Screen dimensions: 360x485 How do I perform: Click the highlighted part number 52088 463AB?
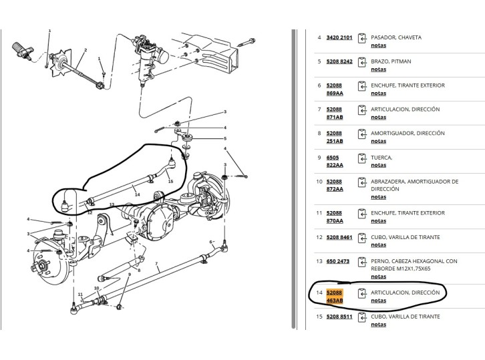click(334, 297)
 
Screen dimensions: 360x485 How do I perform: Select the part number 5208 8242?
click(339, 61)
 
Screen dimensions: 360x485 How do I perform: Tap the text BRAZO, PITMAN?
click(391, 61)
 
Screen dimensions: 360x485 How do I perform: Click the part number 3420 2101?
click(339, 37)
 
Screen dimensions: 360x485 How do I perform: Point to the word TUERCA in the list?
click(381, 157)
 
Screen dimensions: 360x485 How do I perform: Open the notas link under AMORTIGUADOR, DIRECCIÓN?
click(378, 141)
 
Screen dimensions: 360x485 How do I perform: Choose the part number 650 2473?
click(337, 261)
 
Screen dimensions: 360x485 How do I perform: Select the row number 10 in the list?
click(319, 181)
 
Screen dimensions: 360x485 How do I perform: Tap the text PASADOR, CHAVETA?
click(396, 37)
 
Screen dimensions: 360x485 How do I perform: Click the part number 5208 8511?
click(339, 317)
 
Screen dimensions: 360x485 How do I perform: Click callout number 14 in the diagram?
click(138, 194)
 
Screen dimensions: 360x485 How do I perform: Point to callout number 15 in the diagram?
click(170, 181)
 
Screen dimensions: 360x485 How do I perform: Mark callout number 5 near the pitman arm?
click(225, 138)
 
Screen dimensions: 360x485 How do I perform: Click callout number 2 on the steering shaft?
click(85, 49)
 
